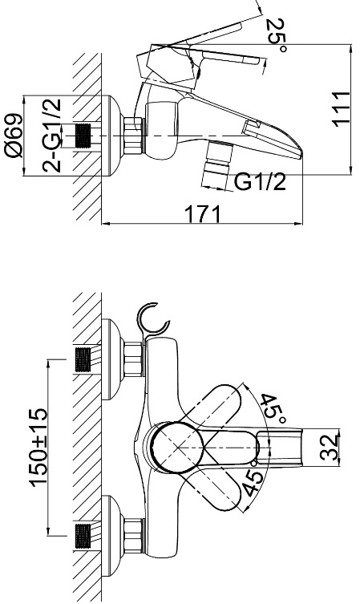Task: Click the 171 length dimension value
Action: point(204,214)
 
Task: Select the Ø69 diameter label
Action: point(14,136)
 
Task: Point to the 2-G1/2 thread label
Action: point(51,136)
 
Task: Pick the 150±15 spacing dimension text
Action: point(39,448)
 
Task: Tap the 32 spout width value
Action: point(330,448)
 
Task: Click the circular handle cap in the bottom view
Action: point(176,447)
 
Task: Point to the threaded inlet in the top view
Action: point(84,136)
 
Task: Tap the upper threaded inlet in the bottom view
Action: point(83,360)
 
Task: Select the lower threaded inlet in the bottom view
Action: point(83,536)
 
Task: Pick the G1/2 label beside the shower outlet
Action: point(261,182)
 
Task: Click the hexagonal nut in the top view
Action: point(134,136)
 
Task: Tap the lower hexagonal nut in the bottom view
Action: point(134,536)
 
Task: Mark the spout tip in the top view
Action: point(301,155)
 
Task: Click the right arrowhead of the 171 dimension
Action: point(299,224)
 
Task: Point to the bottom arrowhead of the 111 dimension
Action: point(351,171)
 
